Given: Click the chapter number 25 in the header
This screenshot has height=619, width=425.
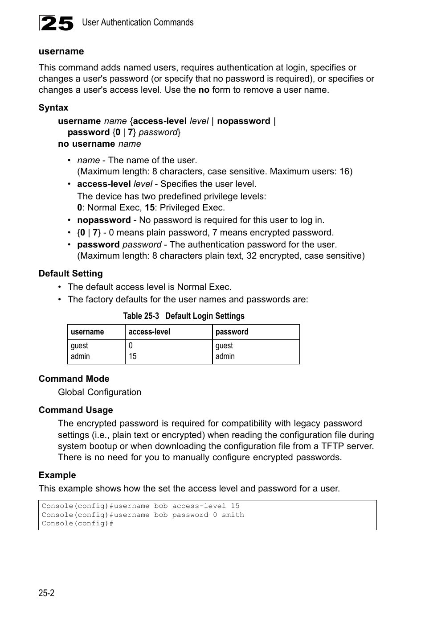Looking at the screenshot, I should (x=57, y=23).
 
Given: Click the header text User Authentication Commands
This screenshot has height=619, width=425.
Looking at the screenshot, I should (x=138, y=22).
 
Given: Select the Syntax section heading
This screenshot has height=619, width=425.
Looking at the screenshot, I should (x=53, y=107).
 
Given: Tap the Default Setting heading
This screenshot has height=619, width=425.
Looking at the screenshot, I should (x=70, y=273).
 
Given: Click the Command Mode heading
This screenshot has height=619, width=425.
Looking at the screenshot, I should (x=74, y=379).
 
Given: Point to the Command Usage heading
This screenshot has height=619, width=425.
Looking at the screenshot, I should (x=76, y=410).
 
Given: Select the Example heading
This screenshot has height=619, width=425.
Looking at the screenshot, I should (x=57, y=475).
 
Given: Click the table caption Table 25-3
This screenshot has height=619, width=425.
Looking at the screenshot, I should (x=141, y=316).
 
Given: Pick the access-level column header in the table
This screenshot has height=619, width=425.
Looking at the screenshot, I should (x=149, y=332).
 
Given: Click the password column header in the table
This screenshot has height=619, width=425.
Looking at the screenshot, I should (x=232, y=332).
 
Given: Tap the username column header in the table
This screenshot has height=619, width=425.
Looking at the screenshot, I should (x=87, y=332).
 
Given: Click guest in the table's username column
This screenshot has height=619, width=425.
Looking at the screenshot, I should (x=79, y=346).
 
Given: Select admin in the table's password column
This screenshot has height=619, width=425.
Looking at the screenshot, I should (x=225, y=356).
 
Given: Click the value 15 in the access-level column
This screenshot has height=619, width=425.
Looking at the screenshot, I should (x=132, y=356).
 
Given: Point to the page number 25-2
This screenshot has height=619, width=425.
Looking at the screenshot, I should (x=46, y=593).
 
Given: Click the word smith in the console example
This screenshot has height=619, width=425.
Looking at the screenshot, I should (x=233, y=515).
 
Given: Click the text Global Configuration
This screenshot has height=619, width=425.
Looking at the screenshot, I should (x=99, y=392).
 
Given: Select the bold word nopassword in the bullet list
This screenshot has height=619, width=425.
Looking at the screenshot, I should (x=104, y=220).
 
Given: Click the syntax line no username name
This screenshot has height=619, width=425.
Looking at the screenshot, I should (x=99, y=144).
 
